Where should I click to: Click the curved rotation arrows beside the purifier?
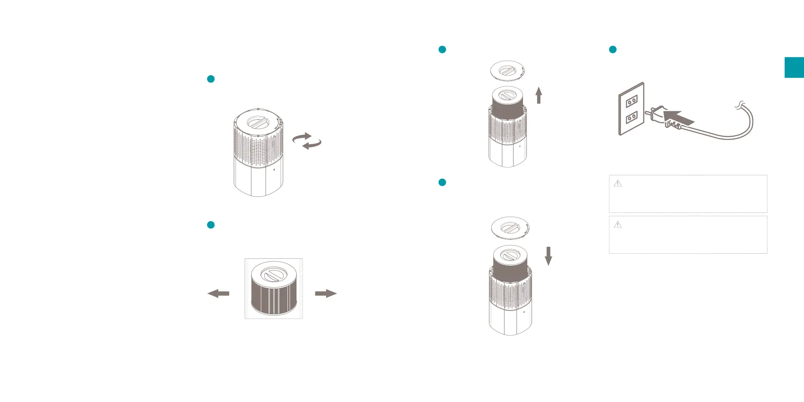(307, 141)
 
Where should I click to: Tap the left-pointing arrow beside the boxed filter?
(218, 294)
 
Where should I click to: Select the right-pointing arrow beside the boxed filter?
(326, 294)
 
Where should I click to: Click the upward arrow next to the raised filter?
(538, 95)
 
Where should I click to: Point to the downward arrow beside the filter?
(548, 256)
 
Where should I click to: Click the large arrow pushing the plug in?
(678, 117)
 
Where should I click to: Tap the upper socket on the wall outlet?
(631, 101)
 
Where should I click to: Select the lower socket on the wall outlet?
(631, 117)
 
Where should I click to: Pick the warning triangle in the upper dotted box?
(618, 184)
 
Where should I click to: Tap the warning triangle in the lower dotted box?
(618, 224)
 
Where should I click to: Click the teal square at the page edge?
(794, 68)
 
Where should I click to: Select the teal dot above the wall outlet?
(613, 49)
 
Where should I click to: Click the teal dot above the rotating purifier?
(211, 79)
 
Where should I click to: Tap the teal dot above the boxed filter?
(211, 225)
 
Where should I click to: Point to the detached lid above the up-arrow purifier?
(507, 71)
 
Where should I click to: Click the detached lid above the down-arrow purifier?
(510, 227)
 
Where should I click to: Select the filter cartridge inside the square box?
(273, 289)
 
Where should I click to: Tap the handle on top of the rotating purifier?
(258, 122)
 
